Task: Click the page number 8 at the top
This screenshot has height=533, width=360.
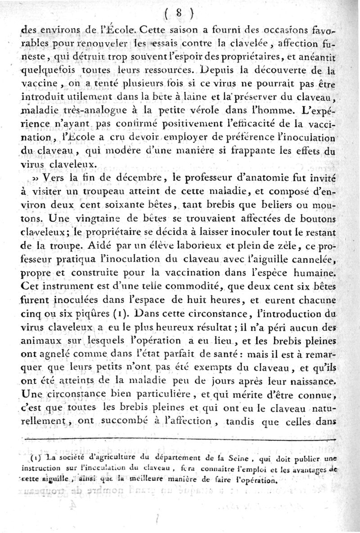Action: [179, 14]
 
